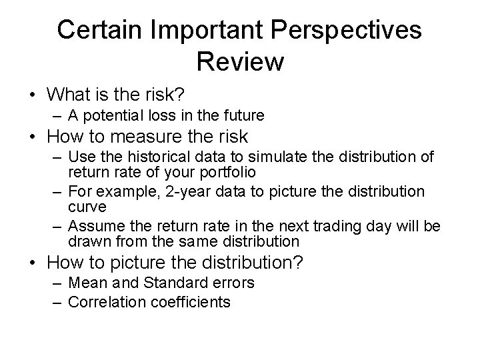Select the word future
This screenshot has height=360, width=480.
243,115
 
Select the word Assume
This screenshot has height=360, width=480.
91,227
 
